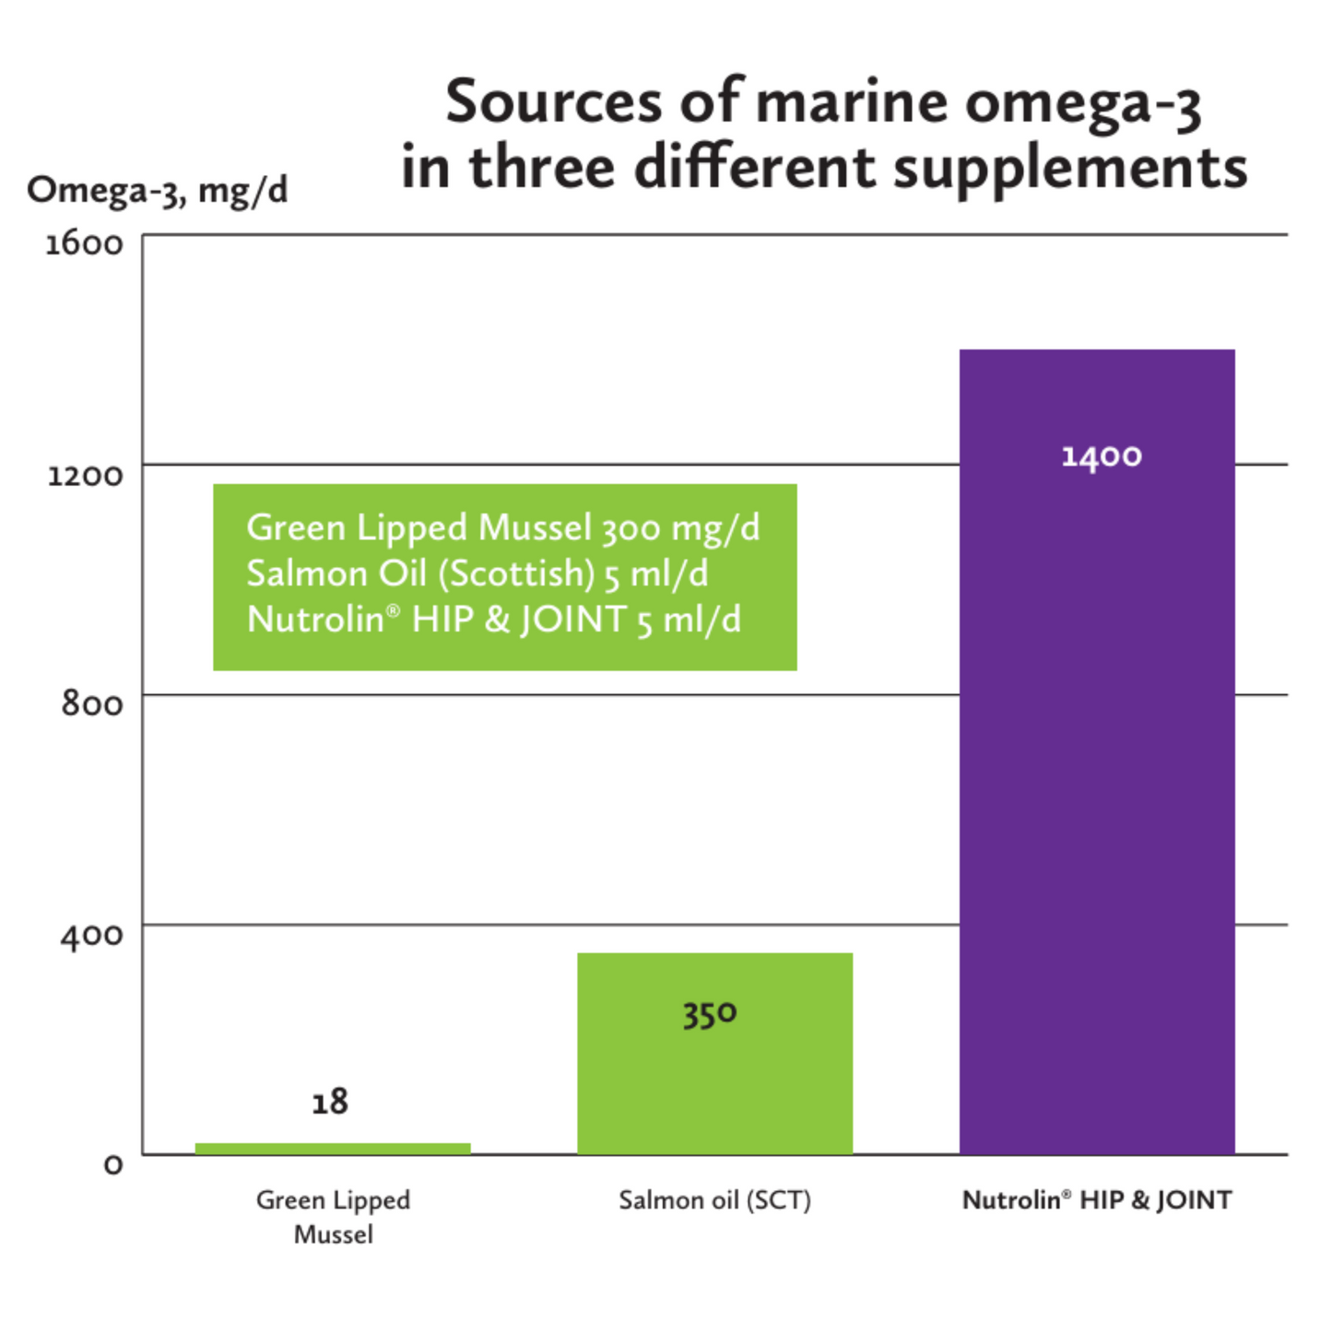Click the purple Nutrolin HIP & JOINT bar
[1097, 784]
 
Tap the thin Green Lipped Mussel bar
[333, 1149]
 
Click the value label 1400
[1102, 456]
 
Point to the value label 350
[710, 1014]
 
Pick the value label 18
[330, 1102]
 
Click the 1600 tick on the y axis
[84, 244]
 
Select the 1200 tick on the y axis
[85, 476]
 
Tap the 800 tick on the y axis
[91, 704]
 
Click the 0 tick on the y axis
[112, 1165]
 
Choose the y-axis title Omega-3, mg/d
[158, 191]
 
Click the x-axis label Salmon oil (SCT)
[714, 1200]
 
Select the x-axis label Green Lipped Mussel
[333, 1217]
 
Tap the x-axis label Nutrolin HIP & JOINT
[1097, 1200]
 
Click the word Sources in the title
[553, 101]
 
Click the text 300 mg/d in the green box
[681, 528]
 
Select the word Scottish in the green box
[516, 574]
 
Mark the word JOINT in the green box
[573, 619]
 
